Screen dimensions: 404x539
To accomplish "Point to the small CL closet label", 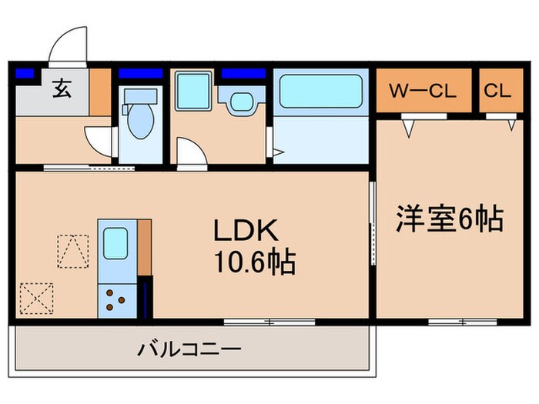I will [497, 90].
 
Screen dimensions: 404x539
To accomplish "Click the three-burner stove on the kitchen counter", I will [115, 299].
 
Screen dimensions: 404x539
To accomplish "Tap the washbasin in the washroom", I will [241, 102].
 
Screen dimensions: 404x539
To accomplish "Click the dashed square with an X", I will [36, 296].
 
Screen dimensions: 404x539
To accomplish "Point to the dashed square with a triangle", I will [73, 250].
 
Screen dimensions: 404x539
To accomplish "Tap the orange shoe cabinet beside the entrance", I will [101, 92].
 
